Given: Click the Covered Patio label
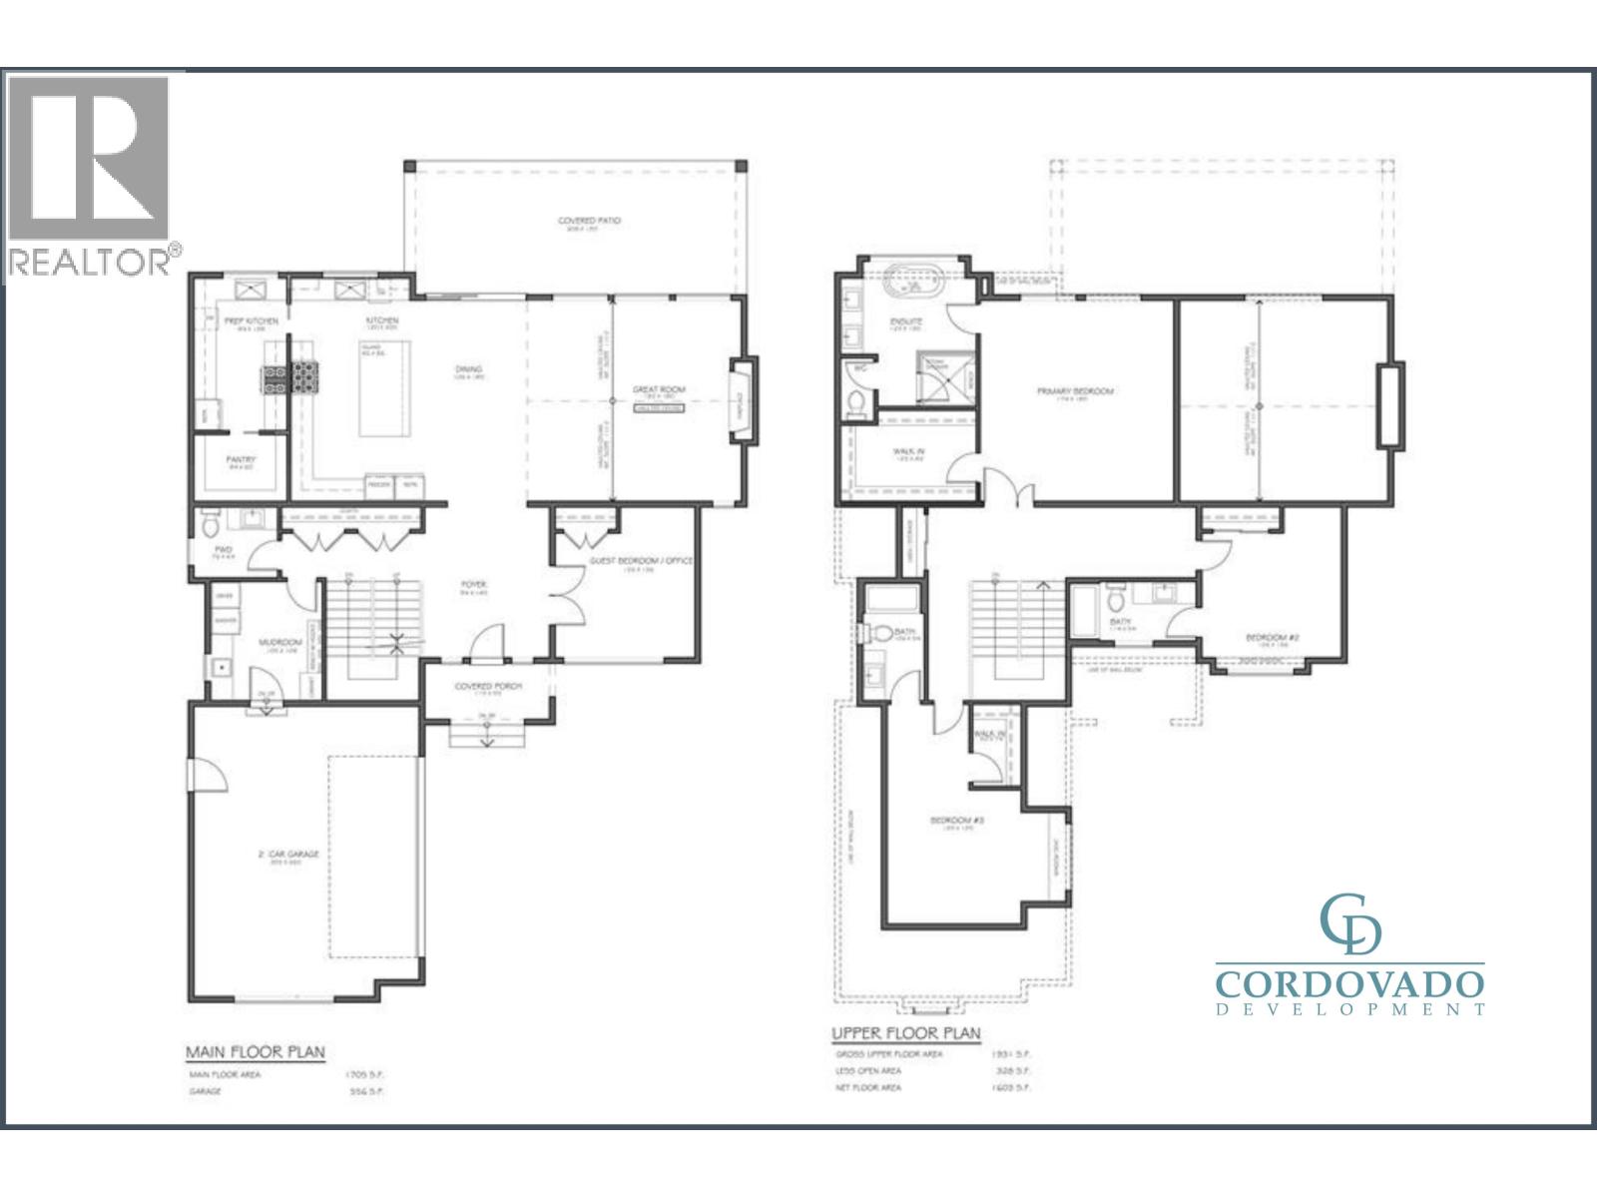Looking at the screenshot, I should tap(589, 220).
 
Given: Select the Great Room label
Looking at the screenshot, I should tap(660, 390).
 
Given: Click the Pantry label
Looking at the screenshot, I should tap(242, 459).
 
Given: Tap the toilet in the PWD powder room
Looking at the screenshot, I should tap(209, 524).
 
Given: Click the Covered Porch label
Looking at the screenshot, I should tap(488, 687).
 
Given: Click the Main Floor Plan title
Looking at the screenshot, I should tap(256, 1052).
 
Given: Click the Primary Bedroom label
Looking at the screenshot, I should tap(1074, 391).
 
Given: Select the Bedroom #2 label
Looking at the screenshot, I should tap(1271, 638).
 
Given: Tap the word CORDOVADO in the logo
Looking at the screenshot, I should tap(1349, 983).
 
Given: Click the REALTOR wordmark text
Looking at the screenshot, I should tap(91, 262).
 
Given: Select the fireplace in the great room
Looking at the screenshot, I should tap(741, 398).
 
